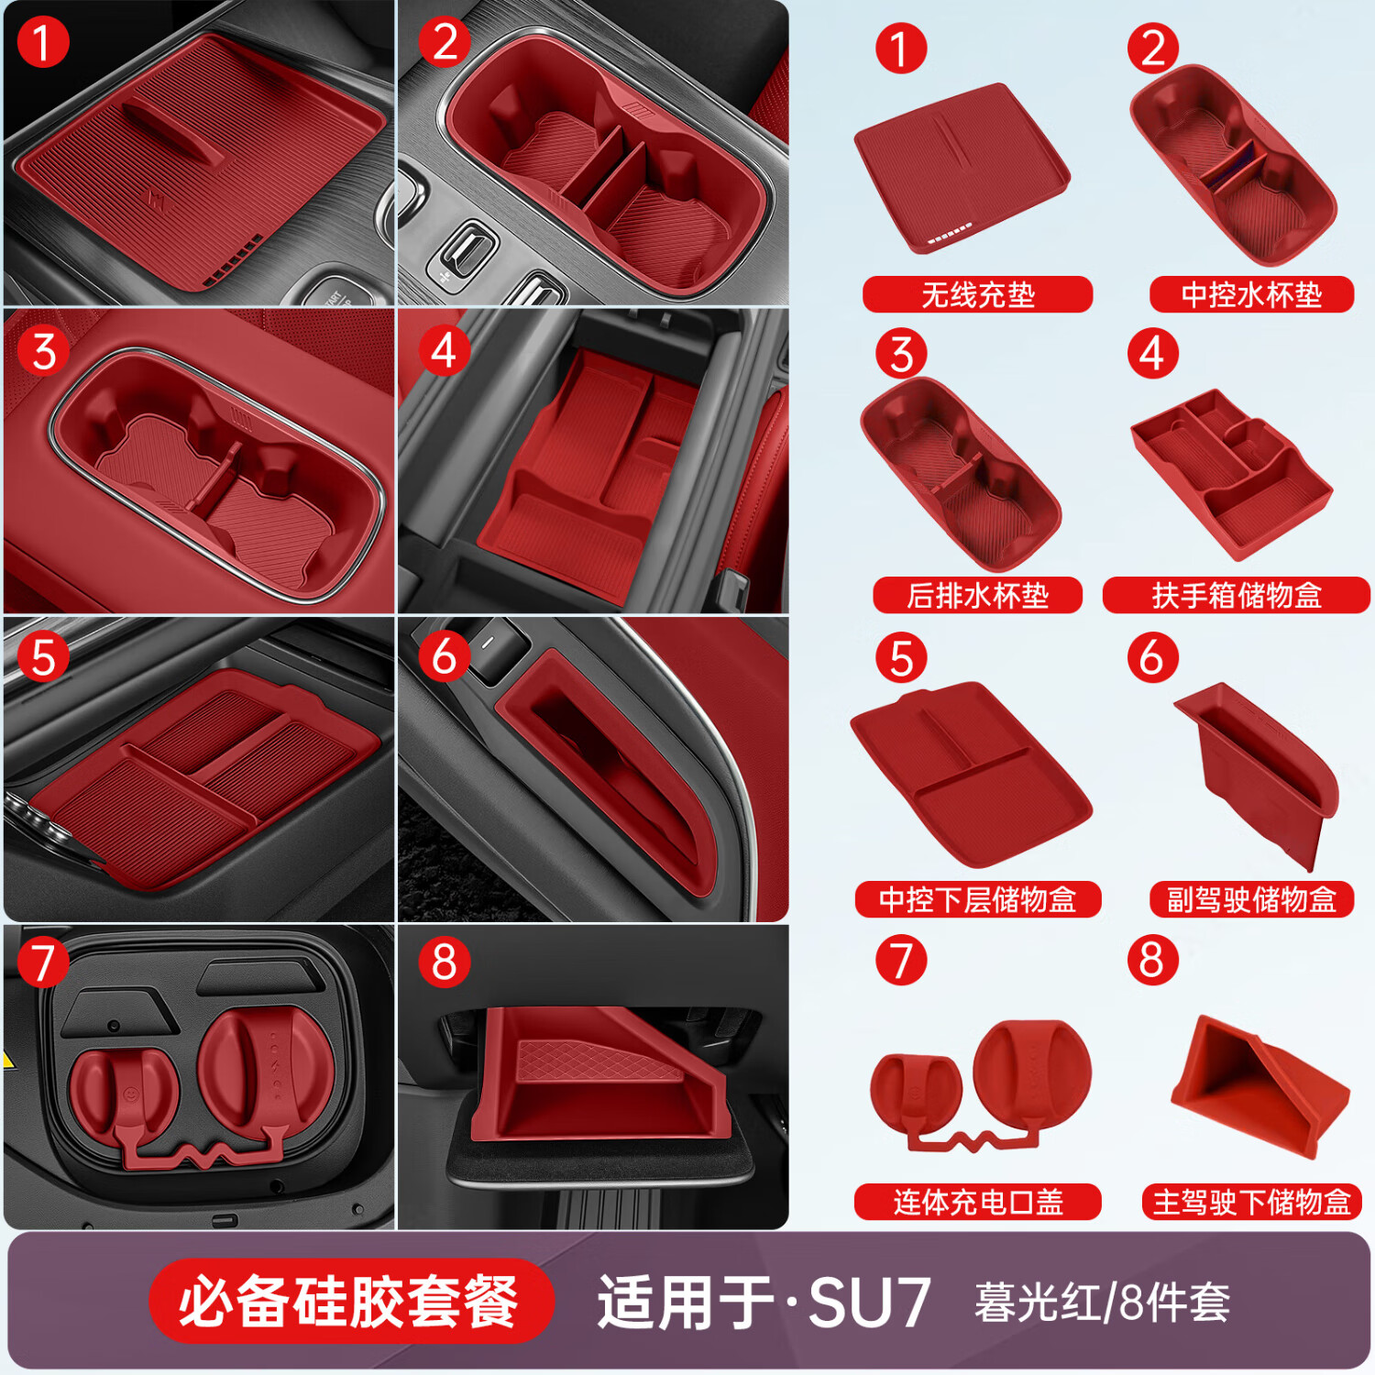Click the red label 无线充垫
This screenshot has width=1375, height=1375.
click(977, 294)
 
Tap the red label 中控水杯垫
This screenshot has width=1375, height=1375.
click(1251, 294)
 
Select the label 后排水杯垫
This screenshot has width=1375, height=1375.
click(977, 596)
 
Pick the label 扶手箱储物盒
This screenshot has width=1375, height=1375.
click(1236, 596)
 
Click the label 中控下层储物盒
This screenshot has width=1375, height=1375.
click(977, 899)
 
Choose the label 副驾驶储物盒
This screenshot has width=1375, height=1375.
click(1251, 899)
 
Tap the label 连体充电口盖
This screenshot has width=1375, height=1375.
click(977, 1202)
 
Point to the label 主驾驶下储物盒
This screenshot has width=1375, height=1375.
click(1251, 1202)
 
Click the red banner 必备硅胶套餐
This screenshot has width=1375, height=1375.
click(350, 1302)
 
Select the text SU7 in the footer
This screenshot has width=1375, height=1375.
click(869, 1303)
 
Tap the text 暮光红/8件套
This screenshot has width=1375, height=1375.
click(1102, 1303)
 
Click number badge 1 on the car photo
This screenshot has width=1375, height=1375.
click(43, 42)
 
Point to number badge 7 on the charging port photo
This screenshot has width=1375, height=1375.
click(43, 962)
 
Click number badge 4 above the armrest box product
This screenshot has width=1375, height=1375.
click(1152, 353)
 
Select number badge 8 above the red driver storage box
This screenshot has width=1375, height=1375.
click(1152, 960)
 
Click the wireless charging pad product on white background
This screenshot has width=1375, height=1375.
click(961, 168)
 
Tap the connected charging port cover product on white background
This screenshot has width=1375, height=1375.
click(980, 1085)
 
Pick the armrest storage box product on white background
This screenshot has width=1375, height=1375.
click(1231, 474)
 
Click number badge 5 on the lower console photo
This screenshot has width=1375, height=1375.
click(43, 657)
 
